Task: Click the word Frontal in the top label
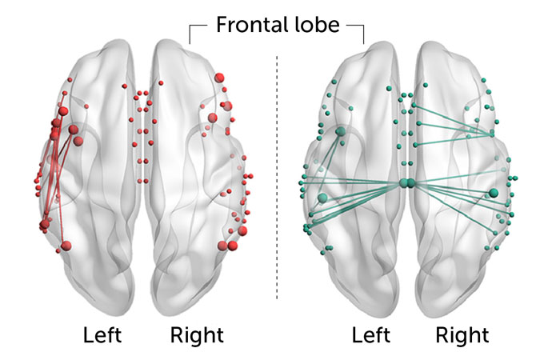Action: [x=244, y=26]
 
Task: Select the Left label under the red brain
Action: [x=102, y=334]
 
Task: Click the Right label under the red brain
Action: [x=197, y=334]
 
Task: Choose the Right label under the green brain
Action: [x=462, y=334]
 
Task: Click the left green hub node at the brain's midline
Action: [x=404, y=184]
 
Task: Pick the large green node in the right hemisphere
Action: [x=494, y=193]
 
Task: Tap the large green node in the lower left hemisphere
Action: [x=322, y=198]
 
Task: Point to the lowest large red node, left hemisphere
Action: [x=66, y=245]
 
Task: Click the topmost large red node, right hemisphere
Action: [x=218, y=78]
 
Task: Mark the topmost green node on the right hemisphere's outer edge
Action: [x=483, y=80]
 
